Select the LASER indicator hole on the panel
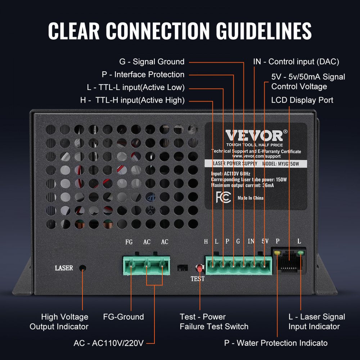point(82,268)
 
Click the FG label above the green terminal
point(129,242)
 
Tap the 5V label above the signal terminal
point(265,242)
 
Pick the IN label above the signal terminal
point(251,242)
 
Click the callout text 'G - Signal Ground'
point(152,62)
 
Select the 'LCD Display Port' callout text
point(302,100)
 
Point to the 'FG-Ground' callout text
point(123,317)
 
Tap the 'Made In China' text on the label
point(251,198)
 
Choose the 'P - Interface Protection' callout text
point(143,75)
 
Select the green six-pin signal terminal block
point(239,265)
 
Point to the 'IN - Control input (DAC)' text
point(296,62)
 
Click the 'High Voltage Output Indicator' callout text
point(59,321)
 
